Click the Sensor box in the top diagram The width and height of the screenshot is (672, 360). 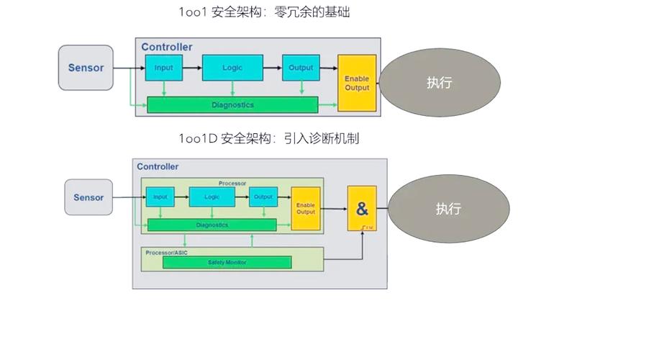click(x=86, y=68)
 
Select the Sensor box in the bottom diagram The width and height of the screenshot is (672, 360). click(x=88, y=197)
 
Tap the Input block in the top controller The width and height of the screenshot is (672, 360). click(x=163, y=68)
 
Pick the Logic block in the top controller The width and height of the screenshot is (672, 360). click(x=232, y=68)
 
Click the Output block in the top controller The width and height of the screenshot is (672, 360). click(x=301, y=68)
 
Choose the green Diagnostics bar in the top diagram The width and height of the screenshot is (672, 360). click(x=232, y=105)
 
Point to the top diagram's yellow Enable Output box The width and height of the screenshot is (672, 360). click(x=357, y=83)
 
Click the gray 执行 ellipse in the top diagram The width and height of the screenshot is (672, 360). click(x=439, y=83)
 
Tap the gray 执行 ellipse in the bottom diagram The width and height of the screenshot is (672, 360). click(x=448, y=209)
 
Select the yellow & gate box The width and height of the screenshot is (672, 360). click(x=362, y=210)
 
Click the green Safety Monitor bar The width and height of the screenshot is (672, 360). click(x=227, y=262)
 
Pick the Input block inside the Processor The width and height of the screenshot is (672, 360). click(x=160, y=197)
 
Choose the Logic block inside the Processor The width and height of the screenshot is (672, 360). click(x=212, y=197)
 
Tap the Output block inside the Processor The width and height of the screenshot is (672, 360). click(x=263, y=197)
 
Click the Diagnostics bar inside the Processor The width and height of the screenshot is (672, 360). click(x=212, y=225)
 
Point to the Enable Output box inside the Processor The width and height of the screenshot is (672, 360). click(x=306, y=208)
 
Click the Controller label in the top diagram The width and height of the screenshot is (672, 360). click(x=166, y=47)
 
